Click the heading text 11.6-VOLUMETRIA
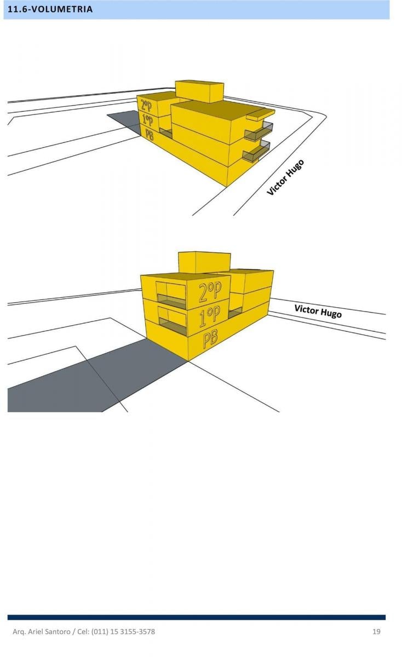pos(50,9)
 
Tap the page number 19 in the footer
pos(376,631)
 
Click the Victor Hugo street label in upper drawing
pos(285,177)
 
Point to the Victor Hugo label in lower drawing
pos(318,311)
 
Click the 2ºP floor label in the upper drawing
pos(146,106)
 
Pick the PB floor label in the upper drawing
pos(150,135)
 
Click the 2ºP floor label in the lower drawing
pos(210,292)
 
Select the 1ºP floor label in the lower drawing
pos(210,317)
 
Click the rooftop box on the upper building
pos(199,91)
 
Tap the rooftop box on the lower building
pos(204,262)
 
